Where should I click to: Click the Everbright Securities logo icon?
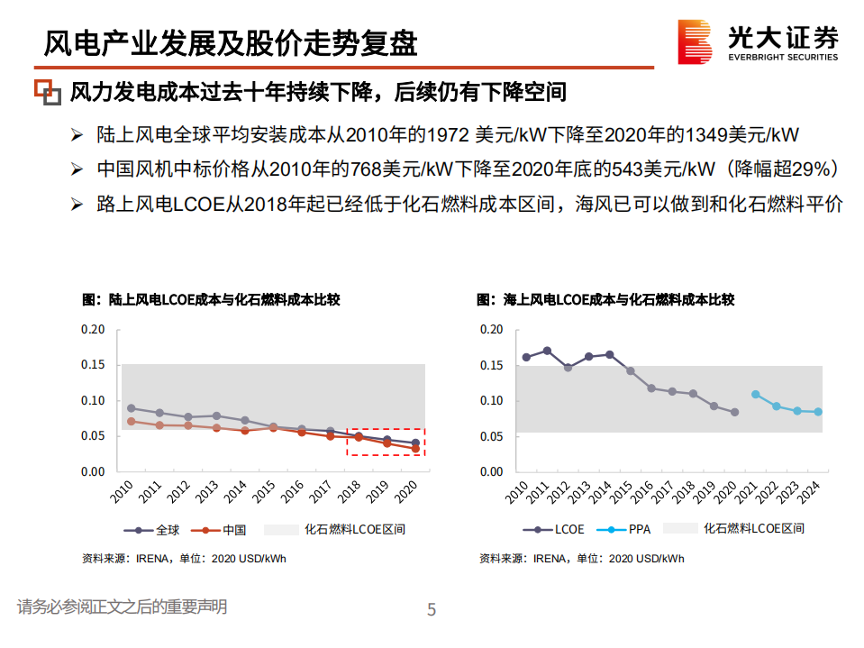[696, 42]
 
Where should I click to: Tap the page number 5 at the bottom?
[432, 611]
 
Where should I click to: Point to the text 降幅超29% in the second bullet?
[788, 169]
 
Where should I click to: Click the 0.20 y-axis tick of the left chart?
[94, 329]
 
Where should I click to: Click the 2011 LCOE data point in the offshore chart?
[547, 351]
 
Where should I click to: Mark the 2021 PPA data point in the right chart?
[755, 394]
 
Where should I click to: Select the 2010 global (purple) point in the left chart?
[132, 408]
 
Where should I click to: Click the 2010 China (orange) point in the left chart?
[132, 421]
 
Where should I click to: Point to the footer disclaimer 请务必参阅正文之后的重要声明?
[122, 607]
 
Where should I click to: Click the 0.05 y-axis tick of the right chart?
[491, 436]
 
